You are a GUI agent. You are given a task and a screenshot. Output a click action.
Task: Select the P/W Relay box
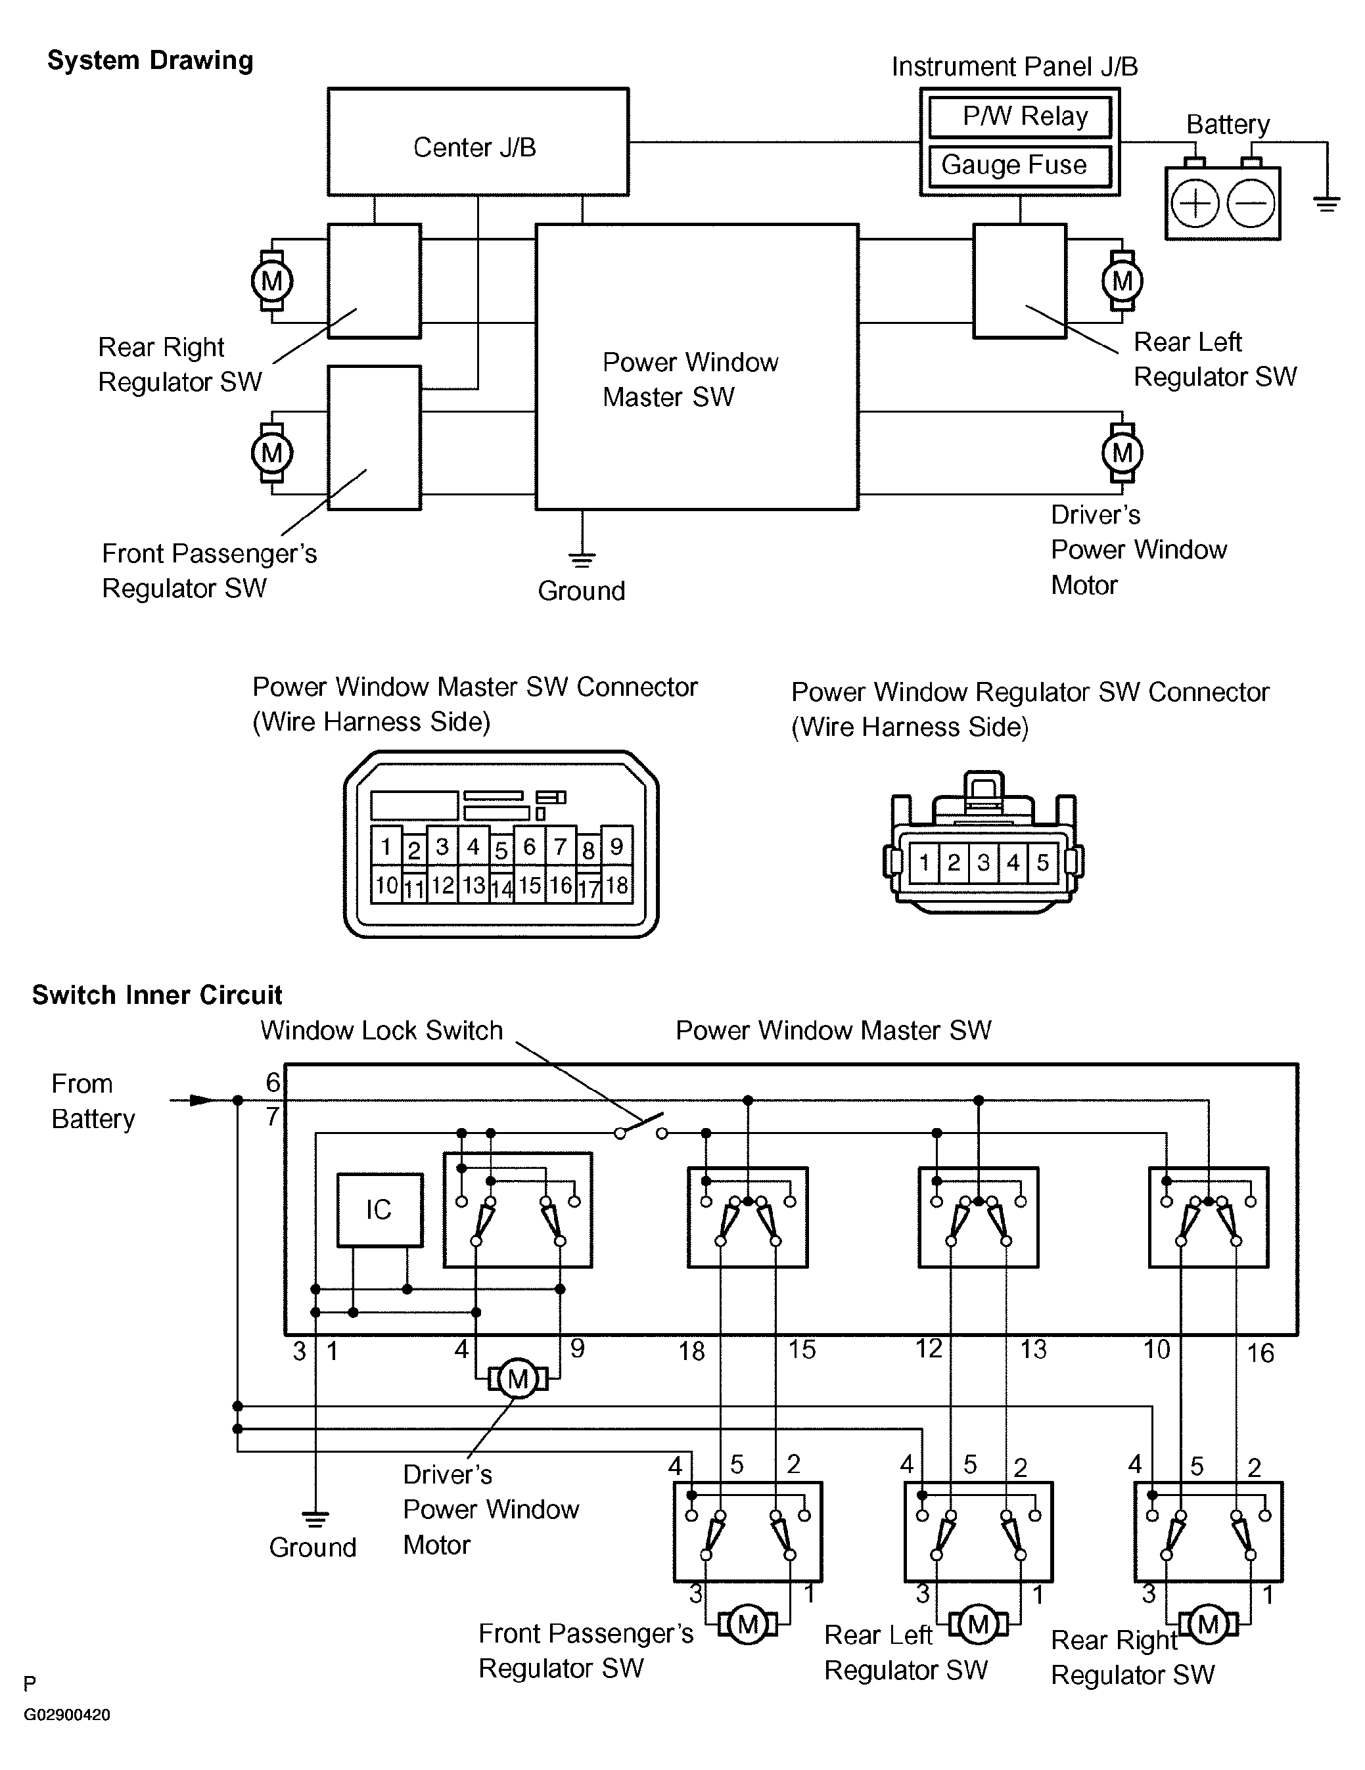[1020, 117]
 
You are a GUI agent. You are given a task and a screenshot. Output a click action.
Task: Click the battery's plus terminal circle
[1195, 202]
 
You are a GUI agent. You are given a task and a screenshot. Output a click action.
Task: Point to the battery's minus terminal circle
[1251, 202]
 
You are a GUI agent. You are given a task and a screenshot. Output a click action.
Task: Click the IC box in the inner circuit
[379, 1209]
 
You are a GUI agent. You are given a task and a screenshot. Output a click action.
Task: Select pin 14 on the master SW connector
[501, 888]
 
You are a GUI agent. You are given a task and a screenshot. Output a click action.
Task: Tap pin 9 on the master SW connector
[617, 847]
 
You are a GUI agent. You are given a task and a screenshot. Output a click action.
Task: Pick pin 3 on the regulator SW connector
[983, 861]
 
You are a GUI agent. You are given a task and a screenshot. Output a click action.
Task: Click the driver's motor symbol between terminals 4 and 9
[517, 1378]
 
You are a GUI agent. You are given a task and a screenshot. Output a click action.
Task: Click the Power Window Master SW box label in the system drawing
[690, 379]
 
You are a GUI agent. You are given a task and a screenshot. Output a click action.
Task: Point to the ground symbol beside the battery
[1326, 204]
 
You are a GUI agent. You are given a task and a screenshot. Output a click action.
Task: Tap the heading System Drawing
[150, 60]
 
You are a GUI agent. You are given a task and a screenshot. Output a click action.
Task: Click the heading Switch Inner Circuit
[156, 995]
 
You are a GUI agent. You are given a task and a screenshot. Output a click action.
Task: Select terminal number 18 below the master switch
[691, 1351]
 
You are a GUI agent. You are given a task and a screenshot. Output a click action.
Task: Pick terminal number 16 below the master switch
[1260, 1353]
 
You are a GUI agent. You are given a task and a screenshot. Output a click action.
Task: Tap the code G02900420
[66, 1715]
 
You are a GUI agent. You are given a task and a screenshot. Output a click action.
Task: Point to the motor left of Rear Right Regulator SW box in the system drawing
[271, 281]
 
